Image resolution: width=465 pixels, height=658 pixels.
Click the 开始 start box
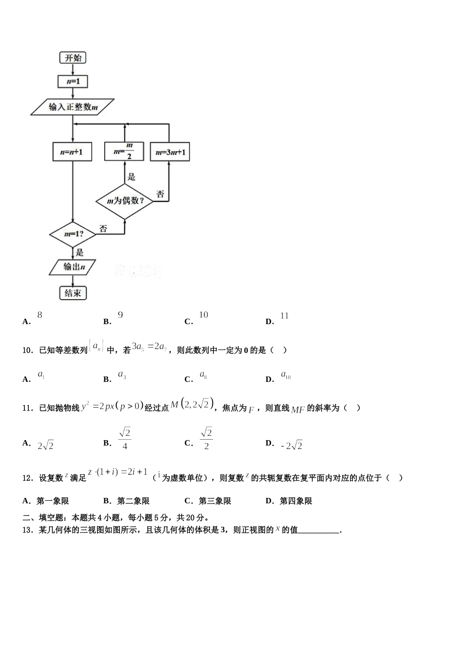click(72, 58)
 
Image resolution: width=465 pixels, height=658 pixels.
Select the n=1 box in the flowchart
click(72, 81)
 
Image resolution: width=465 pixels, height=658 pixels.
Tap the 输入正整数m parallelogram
click(72, 107)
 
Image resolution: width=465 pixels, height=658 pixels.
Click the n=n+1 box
click(72, 152)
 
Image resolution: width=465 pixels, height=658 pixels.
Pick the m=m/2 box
click(124, 151)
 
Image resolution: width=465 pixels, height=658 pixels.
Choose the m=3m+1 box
click(170, 152)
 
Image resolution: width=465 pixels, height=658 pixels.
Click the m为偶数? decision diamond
click(124, 201)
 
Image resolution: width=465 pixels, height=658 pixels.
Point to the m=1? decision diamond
click(73, 234)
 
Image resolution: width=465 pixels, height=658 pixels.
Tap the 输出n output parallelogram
click(73, 267)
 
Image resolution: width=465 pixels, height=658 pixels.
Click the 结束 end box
click(72, 293)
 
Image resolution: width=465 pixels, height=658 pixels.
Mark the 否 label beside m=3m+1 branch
click(160, 194)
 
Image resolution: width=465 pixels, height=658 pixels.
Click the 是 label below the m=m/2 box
click(131, 177)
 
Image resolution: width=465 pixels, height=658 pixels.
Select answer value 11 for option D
click(284, 316)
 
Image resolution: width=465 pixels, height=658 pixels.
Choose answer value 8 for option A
click(40, 315)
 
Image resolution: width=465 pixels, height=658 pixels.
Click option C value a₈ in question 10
click(203, 375)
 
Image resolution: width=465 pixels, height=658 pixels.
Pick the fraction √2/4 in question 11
click(125, 439)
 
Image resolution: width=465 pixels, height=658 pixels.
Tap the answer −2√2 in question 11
click(292, 446)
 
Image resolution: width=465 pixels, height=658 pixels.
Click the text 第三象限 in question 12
click(215, 501)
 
